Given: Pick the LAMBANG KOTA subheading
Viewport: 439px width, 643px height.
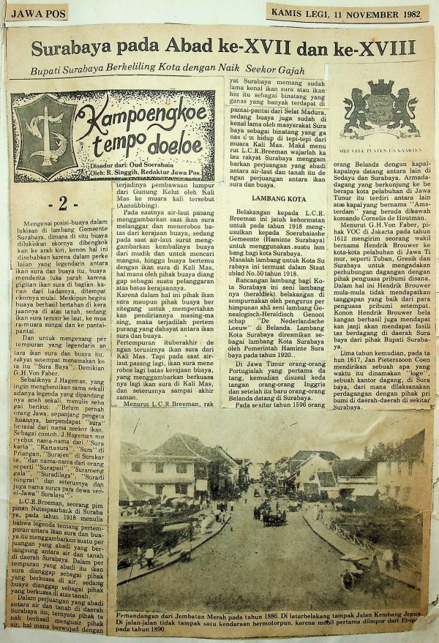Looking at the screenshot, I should [x=277, y=219].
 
